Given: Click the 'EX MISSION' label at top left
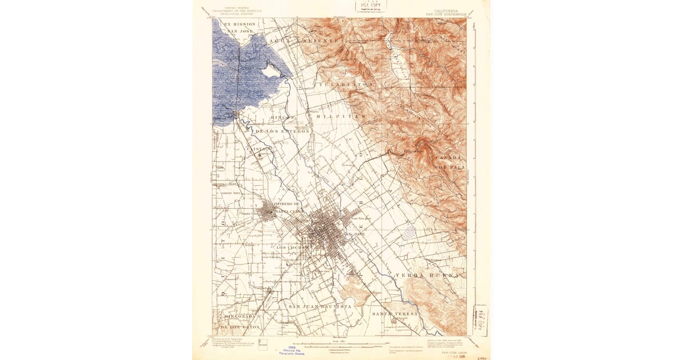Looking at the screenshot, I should point(240,25).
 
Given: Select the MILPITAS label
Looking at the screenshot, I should point(340,116).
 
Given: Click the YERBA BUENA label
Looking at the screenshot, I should point(427,275).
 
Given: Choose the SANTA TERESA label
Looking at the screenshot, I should point(395,314).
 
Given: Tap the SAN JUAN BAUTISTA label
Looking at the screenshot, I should point(320,307).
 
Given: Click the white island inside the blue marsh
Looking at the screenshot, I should point(270,71).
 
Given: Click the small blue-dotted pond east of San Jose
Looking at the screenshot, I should point(409,231).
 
